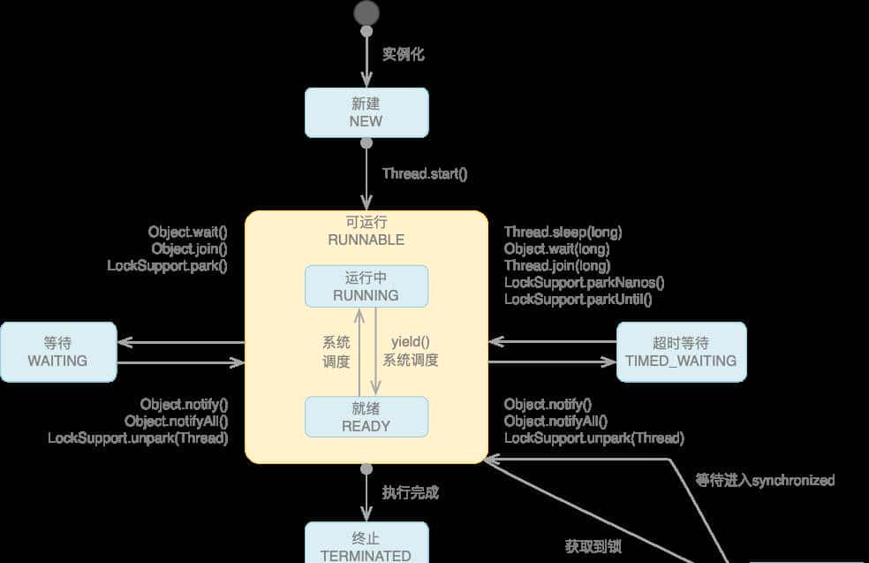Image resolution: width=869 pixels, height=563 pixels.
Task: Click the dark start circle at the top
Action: (x=366, y=13)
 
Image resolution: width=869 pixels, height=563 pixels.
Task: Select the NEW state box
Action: (x=366, y=112)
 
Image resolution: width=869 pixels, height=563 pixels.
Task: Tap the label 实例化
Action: (x=403, y=55)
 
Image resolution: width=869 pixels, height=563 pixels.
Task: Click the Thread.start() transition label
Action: (x=425, y=173)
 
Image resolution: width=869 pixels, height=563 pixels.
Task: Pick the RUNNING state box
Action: (x=366, y=286)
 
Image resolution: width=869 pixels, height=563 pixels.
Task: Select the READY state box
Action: (x=366, y=416)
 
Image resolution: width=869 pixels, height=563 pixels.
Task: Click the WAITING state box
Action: (x=58, y=352)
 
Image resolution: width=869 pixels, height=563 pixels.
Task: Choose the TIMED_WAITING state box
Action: (x=681, y=352)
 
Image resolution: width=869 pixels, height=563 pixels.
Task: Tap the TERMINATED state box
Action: (x=366, y=544)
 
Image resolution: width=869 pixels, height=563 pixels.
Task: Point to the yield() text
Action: (x=410, y=341)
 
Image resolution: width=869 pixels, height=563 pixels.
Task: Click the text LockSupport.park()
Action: (x=168, y=265)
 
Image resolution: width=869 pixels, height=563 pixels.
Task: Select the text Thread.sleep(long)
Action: (x=563, y=232)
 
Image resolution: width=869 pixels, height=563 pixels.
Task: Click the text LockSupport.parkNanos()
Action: (x=584, y=282)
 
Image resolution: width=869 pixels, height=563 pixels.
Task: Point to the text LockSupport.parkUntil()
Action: (x=578, y=299)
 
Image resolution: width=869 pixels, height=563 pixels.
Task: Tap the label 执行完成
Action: (x=411, y=492)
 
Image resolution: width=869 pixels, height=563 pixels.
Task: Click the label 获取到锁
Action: (x=593, y=546)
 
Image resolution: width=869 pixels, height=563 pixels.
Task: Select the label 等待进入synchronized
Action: (x=765, y=480)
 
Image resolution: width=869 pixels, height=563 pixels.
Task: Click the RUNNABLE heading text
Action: (x=366, y=240)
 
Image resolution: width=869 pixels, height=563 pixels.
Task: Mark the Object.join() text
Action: (x=189, y=248)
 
